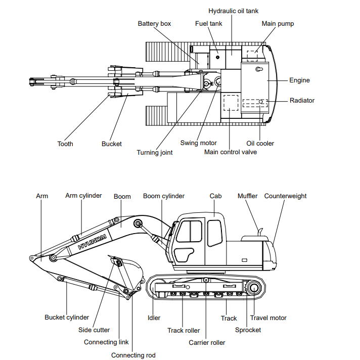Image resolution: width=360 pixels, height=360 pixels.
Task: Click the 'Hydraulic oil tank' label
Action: tap(233, 11)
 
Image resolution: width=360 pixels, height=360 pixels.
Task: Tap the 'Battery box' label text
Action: tap(154, 24)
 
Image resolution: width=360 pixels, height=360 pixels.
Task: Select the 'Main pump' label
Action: tap(278, 24)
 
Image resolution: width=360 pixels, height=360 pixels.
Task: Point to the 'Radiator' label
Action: tap(302, 101)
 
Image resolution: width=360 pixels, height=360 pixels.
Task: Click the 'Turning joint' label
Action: tap(154, 153)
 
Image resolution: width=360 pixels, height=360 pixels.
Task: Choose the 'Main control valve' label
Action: tap(231, 152)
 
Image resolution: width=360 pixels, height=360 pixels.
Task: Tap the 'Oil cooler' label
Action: tap(260, 144)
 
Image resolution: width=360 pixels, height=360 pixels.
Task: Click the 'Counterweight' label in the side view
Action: tap(285, 196)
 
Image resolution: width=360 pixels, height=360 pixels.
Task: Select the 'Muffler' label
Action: tap(247, 196)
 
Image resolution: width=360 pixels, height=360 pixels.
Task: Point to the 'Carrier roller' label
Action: tap(207, 343)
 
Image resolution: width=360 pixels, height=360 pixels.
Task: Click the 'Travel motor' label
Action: tap(268, 318)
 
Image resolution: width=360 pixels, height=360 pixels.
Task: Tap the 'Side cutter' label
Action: tap(94, 330)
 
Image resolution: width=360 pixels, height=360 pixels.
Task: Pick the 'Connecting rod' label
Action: tap(133, 355)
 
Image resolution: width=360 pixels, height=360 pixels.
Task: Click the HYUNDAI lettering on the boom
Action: tap(93, 241)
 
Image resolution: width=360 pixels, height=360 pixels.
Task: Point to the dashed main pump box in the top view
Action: tap(252, 54)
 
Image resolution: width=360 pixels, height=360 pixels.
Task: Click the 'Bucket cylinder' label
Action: tap(67, 318)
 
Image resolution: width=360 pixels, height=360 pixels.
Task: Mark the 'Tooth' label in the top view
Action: tap(65, 144)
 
